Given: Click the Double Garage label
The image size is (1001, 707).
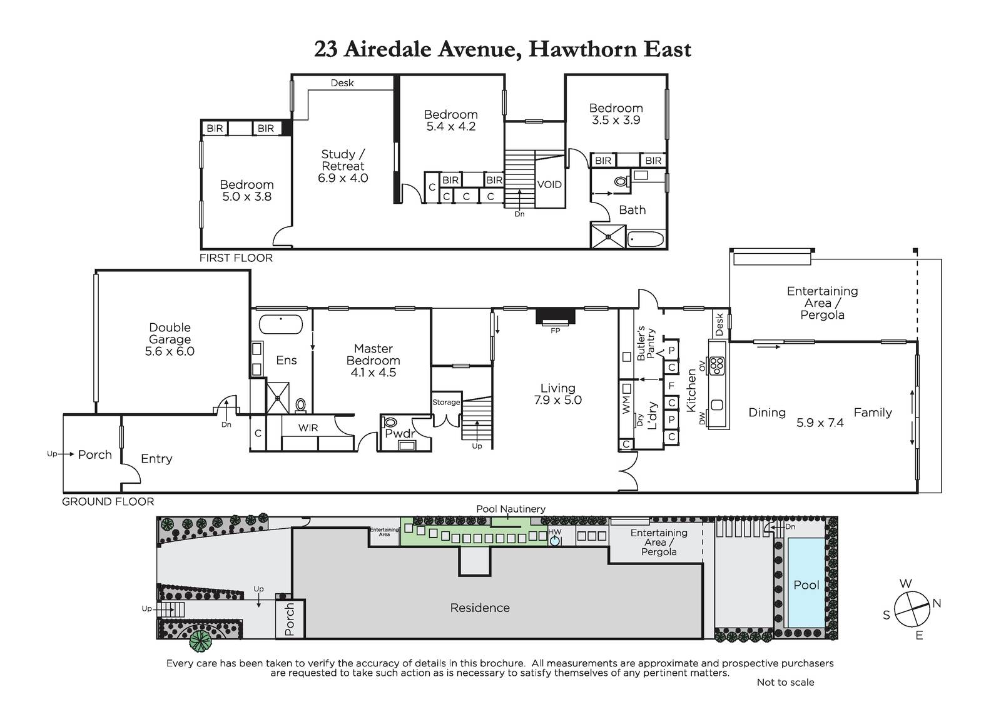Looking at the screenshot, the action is (x=170, y=333).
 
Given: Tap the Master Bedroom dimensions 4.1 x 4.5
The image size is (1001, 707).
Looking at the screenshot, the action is (x=373, y=373).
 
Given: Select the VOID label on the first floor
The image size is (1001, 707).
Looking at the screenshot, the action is (x=549, y=184).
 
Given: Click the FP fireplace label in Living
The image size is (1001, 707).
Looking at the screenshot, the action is (x=555, y=331).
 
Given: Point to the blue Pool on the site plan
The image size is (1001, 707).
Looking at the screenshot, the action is (x=806, y=583).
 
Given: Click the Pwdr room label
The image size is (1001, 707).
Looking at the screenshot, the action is (x=400, y=433).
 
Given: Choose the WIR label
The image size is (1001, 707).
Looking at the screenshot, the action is (x=308, y=428).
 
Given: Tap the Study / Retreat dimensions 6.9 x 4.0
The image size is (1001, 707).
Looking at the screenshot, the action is (x=343, y=178).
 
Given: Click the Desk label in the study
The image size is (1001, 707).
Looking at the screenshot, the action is (x=342, y=83).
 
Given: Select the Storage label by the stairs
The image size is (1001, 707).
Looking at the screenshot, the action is (x=446, y=403).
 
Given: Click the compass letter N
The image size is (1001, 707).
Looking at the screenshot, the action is (x=937, y=603).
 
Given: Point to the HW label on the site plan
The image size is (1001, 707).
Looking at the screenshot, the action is (x=554, y=532).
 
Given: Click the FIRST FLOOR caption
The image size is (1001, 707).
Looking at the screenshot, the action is (x=236, y=258).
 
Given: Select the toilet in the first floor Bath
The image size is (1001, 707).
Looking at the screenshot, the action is (x=622, y=181).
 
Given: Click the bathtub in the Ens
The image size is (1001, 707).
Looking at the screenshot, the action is (x=281, y=324).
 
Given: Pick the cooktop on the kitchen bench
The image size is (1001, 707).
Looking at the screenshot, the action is (x=717, y=365).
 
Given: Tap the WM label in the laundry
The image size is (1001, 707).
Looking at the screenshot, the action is (x=626, y=404).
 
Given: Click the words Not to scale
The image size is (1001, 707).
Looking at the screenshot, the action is (x=785, y=683).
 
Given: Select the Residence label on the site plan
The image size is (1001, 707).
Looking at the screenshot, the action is (x=479, y=608).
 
